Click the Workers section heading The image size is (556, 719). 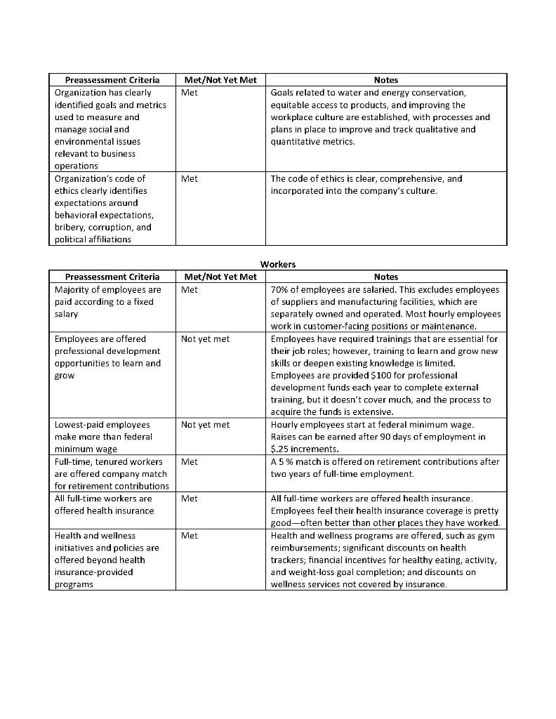coord(278,265)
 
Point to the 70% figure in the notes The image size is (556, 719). coord(280,289)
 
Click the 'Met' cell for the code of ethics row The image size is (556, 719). coord(189,179)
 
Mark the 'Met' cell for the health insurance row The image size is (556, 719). coord(189,499)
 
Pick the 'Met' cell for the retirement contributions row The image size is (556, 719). coord(189,462)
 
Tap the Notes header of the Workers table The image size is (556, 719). coord(386,277)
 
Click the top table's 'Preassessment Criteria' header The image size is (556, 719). coord(112,80)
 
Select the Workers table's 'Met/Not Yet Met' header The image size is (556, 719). coord(220,277)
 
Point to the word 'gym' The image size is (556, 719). coord(486,536)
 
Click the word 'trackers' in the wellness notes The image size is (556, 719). coord(290,560)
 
